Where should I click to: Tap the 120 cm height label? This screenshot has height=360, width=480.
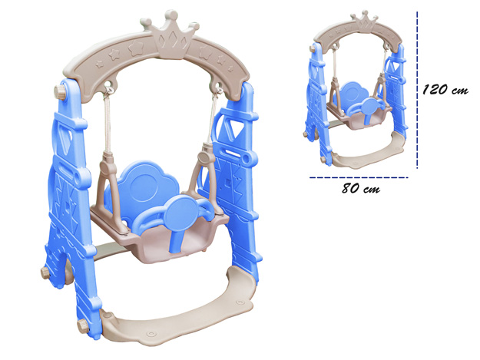(x=445, y=90)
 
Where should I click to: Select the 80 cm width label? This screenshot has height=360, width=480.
(x=361, y=188)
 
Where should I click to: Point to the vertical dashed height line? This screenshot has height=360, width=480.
(x=417, y=90)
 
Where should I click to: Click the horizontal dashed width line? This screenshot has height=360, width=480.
(x=359, y=177)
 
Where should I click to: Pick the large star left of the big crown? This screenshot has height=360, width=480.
(x=136, y=49)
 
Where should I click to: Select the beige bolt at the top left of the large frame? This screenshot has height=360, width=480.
(x=61, y=91)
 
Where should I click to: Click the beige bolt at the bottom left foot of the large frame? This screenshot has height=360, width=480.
(x=83, y=326)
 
